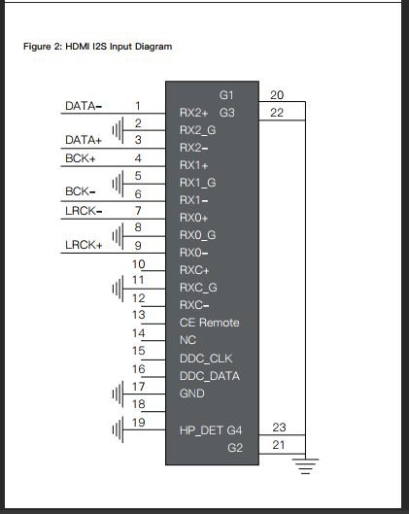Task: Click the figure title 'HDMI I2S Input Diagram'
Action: [119, 47]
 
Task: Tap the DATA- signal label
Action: [84, 106]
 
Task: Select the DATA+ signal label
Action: [84, 140]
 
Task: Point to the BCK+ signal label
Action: [81, 158]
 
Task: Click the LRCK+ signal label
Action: [84, 245]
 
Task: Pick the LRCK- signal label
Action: [84, 211]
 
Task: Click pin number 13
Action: [139, 315]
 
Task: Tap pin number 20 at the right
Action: [277, 95]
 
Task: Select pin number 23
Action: [279, 428]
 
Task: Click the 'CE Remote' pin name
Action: [210, 323]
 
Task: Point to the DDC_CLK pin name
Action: [206, 359]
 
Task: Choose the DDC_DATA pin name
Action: [210, 376]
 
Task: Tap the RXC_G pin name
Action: [198, 288]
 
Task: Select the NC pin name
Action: [187, 340]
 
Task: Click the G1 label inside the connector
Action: [226, 95]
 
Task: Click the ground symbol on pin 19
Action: [118, 429]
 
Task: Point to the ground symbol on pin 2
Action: [118, 130]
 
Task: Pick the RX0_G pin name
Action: [197, 235]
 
